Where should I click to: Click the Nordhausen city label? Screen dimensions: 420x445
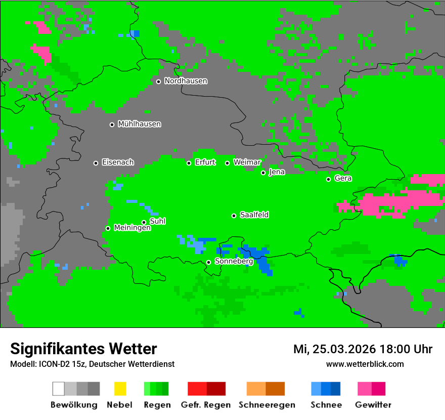[186, 81]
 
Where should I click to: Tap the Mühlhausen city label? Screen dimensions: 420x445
[139, 124]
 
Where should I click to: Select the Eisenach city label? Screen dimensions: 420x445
[118, 162]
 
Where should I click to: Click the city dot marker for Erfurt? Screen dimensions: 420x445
[189, 163]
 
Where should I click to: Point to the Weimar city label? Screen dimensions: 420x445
[247, 162]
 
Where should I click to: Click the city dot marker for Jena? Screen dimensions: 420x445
[263, 173]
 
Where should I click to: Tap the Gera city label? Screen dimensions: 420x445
[343, 179]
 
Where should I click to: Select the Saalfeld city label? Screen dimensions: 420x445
[254, 215]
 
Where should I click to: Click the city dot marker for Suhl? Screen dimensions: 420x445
[144, 222]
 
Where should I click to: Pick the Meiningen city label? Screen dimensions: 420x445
[132, 228]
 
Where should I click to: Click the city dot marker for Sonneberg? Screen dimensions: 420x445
[208, 262]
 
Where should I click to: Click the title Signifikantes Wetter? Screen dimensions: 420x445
[83, 349]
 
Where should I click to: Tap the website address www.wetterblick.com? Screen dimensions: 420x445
[365, 364]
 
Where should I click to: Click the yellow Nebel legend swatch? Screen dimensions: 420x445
[119, 389]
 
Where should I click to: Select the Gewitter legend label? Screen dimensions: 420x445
[373, 405]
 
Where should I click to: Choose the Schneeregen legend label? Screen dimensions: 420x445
[267, 405]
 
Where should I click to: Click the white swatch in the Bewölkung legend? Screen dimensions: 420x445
[59, 389]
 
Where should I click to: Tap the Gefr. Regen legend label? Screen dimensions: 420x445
[206, 405]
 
